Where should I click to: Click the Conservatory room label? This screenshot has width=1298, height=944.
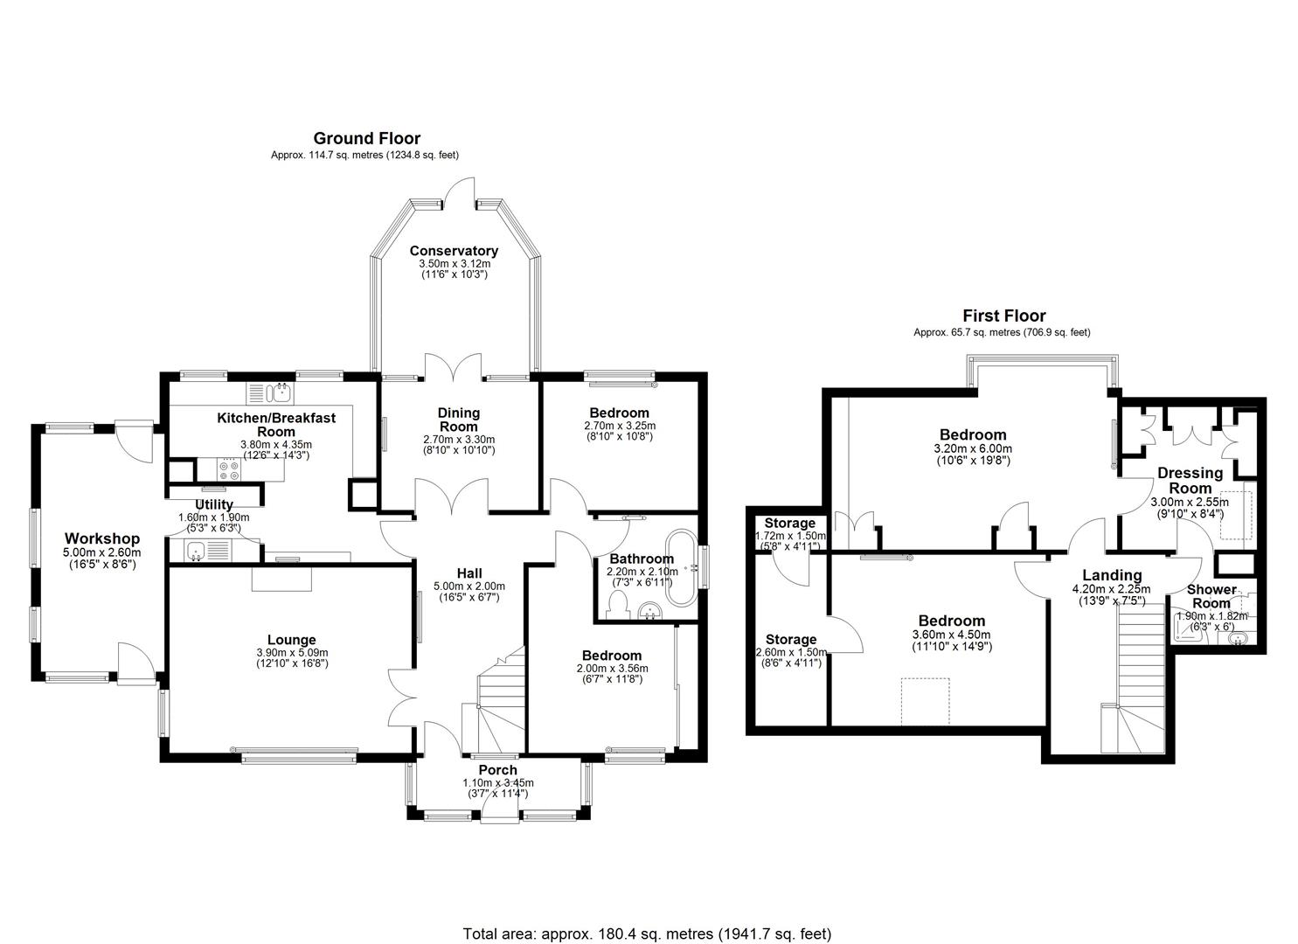coord(454,251)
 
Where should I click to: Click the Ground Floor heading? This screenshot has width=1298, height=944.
coord(366,138)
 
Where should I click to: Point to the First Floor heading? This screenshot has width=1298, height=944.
coord(1003,316)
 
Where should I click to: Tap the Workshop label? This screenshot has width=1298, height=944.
coord(101,538)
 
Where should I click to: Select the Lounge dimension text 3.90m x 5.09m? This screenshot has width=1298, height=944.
coord(291,653)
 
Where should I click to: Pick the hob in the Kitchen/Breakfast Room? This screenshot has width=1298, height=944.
coord(230,471)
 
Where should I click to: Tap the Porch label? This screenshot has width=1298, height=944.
coord(496,770)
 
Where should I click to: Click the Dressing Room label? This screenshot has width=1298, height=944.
coord(1190,481)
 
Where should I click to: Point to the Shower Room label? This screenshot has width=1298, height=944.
coord(1211,596)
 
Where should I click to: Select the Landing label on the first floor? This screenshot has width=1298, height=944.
coord(1112,575)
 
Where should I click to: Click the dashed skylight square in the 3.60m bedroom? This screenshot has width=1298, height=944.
coord(925,701)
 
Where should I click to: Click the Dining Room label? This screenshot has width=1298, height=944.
coord(458,420)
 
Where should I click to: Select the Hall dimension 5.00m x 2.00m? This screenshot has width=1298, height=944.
coord(469,587)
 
